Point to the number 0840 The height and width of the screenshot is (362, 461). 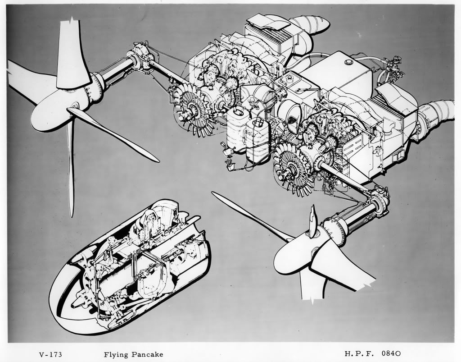point(391,353)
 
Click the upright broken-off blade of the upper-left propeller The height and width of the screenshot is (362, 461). point(72,54)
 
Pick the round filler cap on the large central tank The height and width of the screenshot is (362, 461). point(348,61)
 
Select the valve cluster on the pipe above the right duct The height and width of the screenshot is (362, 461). point(397,64)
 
